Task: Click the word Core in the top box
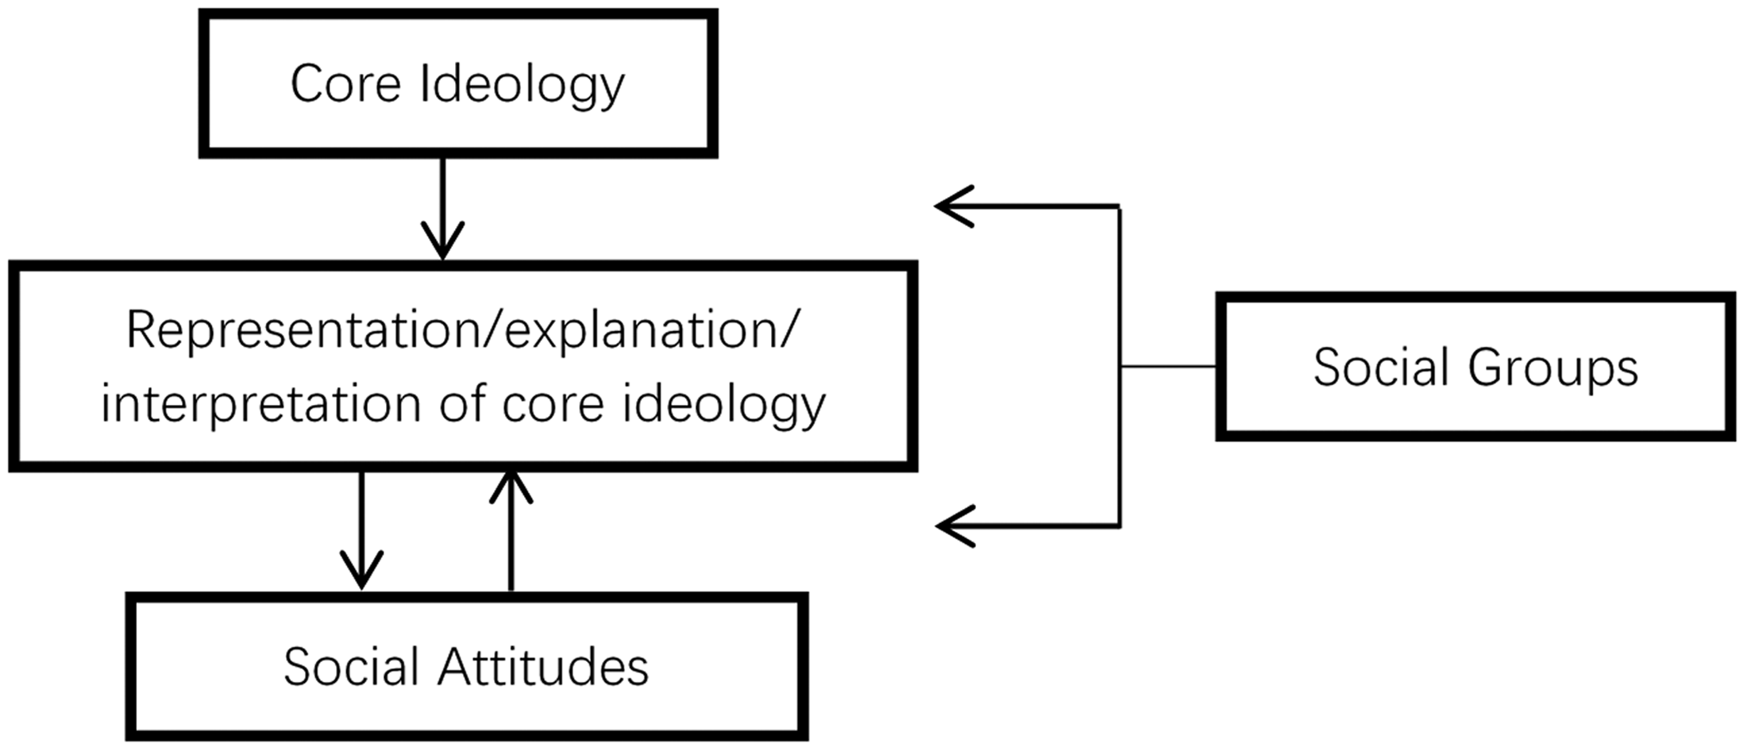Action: tap(345, 83)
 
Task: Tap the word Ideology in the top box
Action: tap(523, 86)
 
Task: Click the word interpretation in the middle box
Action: tap(260, 405)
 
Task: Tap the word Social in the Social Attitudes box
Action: tap(351, 666)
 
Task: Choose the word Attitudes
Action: tap(543, 666)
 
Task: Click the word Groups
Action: tap(1552, 369)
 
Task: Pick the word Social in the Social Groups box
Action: tap(1380, 367)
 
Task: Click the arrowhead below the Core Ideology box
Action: tap(442, 240)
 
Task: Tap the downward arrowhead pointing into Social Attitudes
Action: tap(361, 569)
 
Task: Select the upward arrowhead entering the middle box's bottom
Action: tap(511, 486)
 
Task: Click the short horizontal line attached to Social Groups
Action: tap(1168, 367)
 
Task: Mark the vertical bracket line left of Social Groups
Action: tap(1120, 366)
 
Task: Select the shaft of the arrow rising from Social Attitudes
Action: tap(511, 531)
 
